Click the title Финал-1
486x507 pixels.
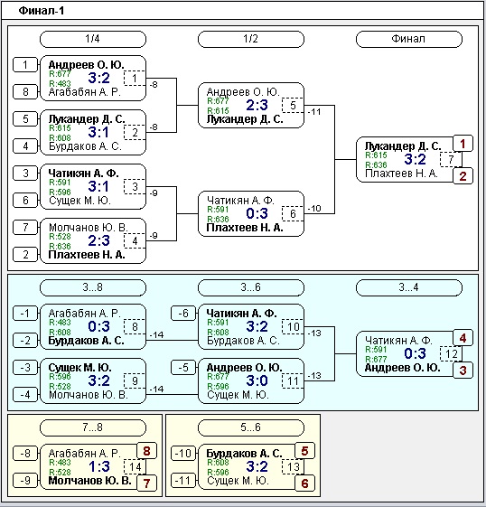(x=42, y=11)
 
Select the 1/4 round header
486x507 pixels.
(x=93, y=39)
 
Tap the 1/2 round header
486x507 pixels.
(x=251, y=39)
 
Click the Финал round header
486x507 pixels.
(x=409, y=39)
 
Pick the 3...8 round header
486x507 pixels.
(x=93, y=287)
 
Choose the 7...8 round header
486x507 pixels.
(x=93, y=427)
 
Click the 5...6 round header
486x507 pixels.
(x=251, y=427)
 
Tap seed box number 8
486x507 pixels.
(x=25, y=92)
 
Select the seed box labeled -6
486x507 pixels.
(x=183, y=313)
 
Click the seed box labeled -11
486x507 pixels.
(x=183, y=480)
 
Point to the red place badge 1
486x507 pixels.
(x=463, y=144)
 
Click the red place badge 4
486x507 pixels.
(x=463, y=338)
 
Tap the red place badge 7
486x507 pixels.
(x=146, y=484)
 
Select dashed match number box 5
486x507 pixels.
(x=293, y=105)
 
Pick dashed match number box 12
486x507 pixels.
(x=451, y=353)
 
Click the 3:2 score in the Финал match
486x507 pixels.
(x=415, y=159)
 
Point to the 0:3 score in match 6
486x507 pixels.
(x=257, y=213)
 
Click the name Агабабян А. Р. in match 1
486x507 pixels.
(x=85, y=92)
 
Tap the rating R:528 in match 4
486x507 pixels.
(x=60, y=237)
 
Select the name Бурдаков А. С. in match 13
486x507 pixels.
(x=244, y=454)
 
